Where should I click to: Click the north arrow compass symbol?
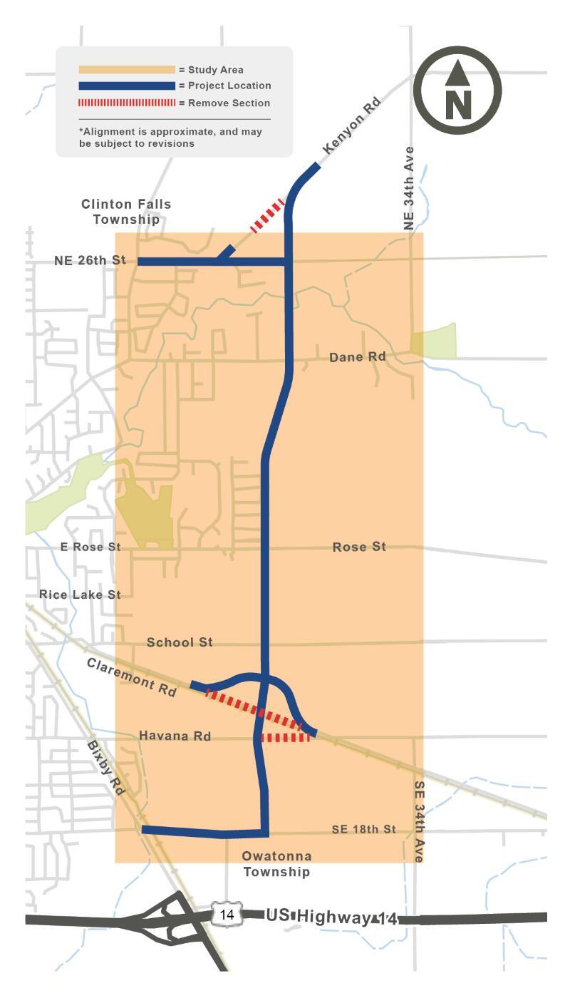[457, 90]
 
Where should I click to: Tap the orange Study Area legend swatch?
[127, 70]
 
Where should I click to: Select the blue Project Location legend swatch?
[127, 86]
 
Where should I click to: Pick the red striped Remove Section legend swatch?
[127, 103]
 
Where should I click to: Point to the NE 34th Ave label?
[409, 188]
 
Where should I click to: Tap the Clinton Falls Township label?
[126, 212]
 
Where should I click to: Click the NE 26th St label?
[90, 261]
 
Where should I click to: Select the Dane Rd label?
[357, 356]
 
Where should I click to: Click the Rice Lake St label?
[80, 595]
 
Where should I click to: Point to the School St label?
[180, 642]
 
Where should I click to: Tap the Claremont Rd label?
[132, 677]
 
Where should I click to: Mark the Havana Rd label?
[175, 736]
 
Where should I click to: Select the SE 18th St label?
[363, 830]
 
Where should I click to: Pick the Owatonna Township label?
[276, 864]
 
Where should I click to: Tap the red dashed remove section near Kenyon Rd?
[267, 217]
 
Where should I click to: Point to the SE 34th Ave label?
[419, 821]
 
